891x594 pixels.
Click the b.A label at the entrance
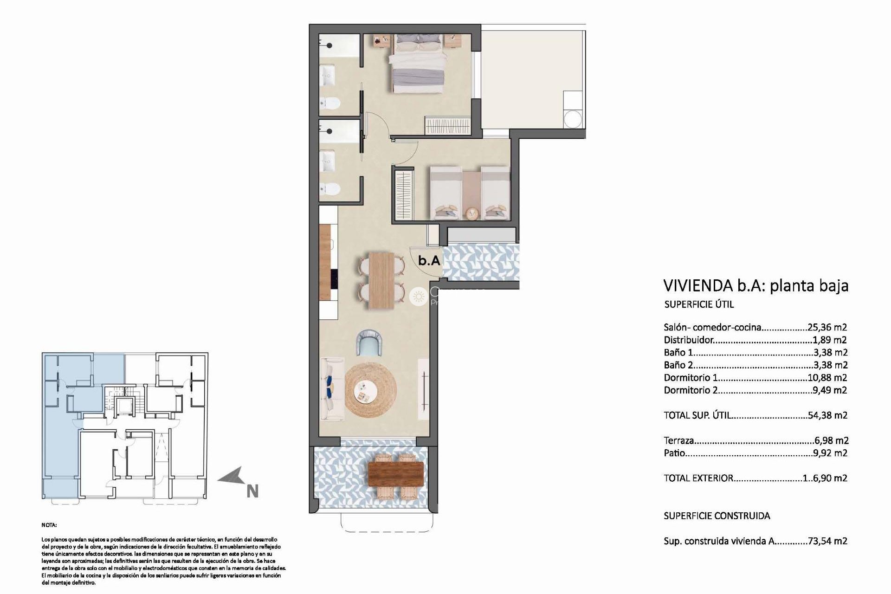point(429,261)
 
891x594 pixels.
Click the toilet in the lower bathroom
point(331,188)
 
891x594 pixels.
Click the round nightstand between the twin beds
point(471,213)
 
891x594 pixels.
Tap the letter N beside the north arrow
point(252,491)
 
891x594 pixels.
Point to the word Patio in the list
point(674,453)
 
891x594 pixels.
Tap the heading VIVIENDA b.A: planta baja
point(756,285)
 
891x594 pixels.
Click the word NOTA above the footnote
point(49,525)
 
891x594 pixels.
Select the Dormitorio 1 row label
point(691,378)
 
